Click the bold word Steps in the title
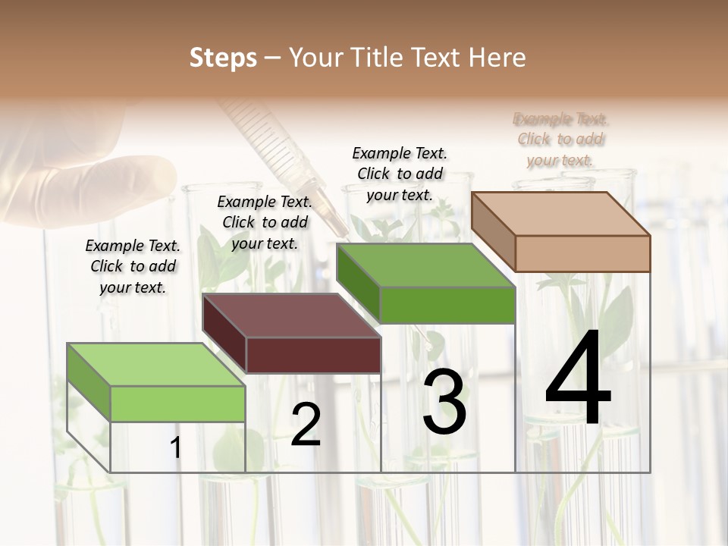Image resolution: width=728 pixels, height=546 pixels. tap(223, 58)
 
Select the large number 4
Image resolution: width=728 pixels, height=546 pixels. tap(578, 378)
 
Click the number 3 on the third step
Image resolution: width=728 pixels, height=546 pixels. tap(444, 401)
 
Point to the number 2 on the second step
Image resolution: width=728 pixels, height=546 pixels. tap(306, 425)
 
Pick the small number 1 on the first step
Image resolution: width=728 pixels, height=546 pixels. tap(176, 447)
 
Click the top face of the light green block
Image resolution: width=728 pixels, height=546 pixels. tap(156, 365)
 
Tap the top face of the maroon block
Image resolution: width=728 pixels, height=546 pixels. tap(292, 315)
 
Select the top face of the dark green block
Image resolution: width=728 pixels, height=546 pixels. tap(425, 266)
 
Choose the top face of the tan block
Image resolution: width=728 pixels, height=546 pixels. tap(561, 214)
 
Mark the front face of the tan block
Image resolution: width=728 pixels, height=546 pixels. tap(582, 253)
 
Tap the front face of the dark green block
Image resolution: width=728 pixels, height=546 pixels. tap(447, 305)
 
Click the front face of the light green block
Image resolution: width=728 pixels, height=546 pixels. tap(177, 403)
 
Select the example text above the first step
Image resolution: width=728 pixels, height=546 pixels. tap(133, 266)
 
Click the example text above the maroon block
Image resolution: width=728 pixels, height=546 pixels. tap(265, 222)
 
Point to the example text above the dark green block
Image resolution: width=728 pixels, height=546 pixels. tap(400, 174)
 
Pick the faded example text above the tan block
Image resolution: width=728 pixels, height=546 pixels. tap(560, 140)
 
